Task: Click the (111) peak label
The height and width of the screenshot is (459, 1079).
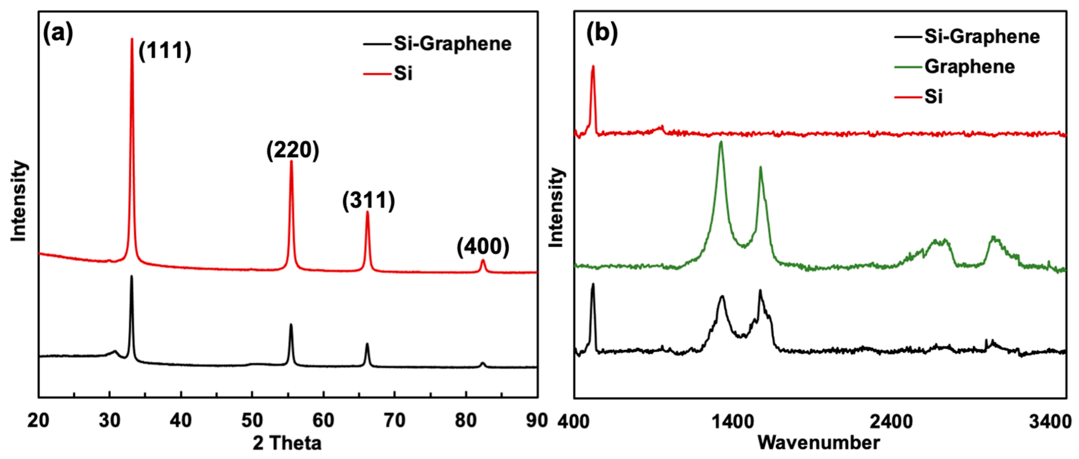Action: point(165,51)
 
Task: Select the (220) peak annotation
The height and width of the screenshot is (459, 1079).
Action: point(293,150)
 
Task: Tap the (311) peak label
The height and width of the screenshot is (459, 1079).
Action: point(369,200)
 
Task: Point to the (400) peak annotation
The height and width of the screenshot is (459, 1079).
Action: point(483,246)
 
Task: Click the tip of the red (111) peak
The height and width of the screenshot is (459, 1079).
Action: point(132,39)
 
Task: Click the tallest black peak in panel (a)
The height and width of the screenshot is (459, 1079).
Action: point(132,277)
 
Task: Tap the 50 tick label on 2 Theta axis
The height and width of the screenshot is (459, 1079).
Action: point(252,421)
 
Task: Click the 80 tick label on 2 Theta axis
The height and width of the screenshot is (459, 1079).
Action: point(465,421)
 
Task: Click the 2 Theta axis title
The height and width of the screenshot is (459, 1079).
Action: point(287,443)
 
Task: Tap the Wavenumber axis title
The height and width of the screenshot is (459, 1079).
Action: point(818,443)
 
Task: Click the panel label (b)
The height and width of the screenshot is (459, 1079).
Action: point(602,33)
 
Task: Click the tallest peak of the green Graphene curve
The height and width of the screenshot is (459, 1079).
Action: point(721,143)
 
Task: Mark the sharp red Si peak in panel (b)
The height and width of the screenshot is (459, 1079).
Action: point(593,67)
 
